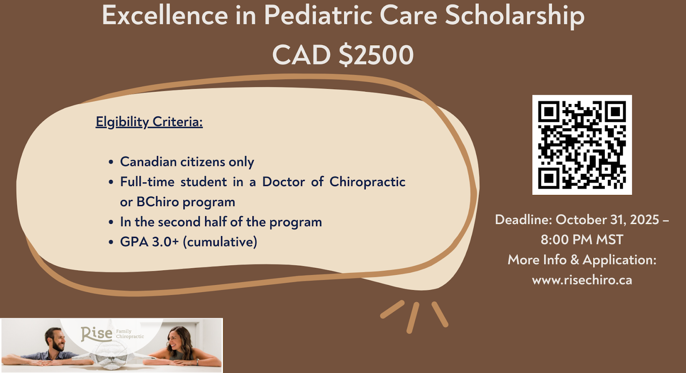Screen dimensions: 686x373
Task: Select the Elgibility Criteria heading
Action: [x=149, y=122]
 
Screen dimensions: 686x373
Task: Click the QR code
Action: [x=582, y=145]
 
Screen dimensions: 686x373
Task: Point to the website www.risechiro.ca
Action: [x=582, y=280]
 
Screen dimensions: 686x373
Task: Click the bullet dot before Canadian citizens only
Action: [x=111, y=162]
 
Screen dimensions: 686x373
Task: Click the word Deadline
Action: [x=523, y=220]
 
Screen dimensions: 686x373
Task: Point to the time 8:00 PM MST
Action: [x=582, y=240]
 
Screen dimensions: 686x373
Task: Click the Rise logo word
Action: [x=96, y=334]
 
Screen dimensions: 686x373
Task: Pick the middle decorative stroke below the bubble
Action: [x=413, y=318]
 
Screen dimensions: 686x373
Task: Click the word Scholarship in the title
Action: [x=515, y=16]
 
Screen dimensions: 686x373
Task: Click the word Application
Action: [x=619, y=260]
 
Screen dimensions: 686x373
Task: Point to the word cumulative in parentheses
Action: [x=220, y=242]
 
